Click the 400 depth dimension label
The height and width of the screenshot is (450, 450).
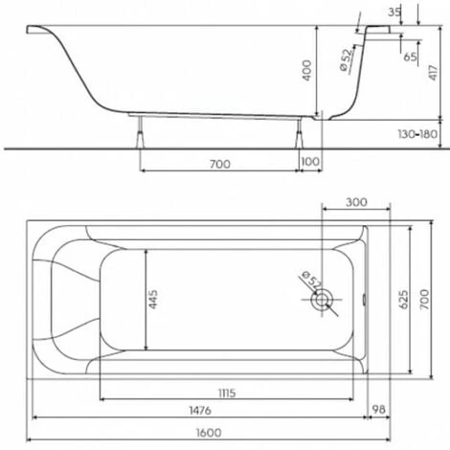(306, 70)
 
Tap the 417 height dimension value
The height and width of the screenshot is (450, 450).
(433, 73)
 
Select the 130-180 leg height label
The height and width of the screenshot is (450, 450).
(417, 134)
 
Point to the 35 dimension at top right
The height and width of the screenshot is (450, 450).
(394, 12)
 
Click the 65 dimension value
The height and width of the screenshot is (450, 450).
(410, 56)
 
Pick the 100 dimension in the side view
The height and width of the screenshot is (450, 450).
(310, 162)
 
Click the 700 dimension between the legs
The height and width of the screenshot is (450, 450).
(220, 164)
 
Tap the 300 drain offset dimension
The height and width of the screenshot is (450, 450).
(356, 202)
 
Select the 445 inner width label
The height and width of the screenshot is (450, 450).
(153, 299)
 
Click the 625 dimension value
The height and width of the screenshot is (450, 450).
(404, 300)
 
